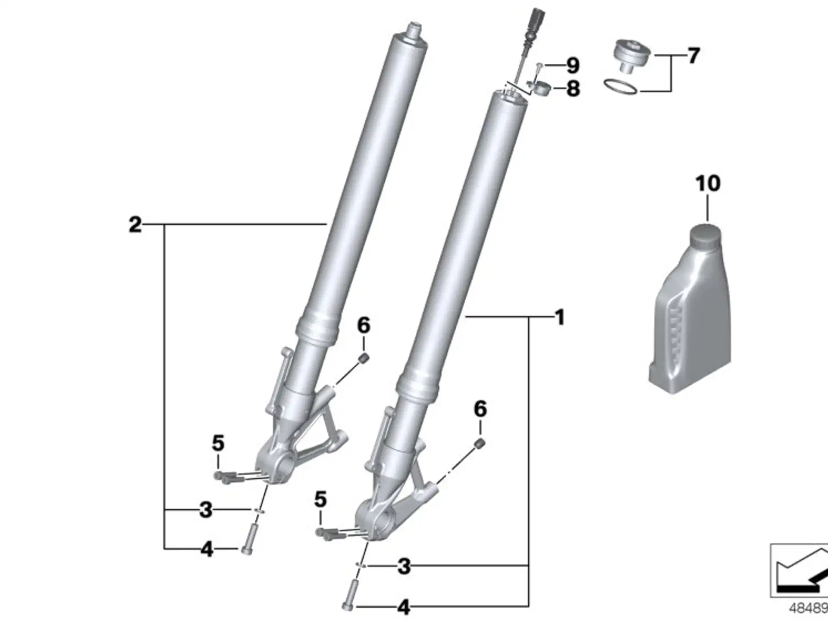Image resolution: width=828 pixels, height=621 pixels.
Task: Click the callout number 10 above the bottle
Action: click(x=708, y=183)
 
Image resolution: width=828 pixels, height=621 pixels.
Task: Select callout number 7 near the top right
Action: click(x=693, y=56)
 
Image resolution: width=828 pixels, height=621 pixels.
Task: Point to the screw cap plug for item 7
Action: click(x=632, y=56)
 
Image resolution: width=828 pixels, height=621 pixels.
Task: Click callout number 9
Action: click(x=572, y=66)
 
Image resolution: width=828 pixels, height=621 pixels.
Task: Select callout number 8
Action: click(x=573, y=89)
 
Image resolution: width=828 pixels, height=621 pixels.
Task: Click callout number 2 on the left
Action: click(x=135, y=225)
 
